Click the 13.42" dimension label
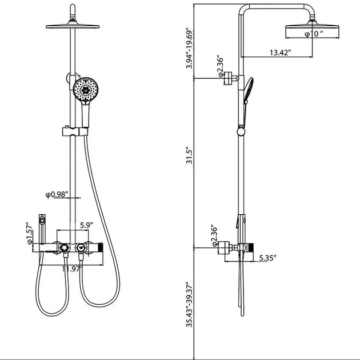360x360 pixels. pos(280,53)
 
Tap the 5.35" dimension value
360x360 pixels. pos(266,258)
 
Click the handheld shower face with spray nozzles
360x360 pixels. pos(86,90)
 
